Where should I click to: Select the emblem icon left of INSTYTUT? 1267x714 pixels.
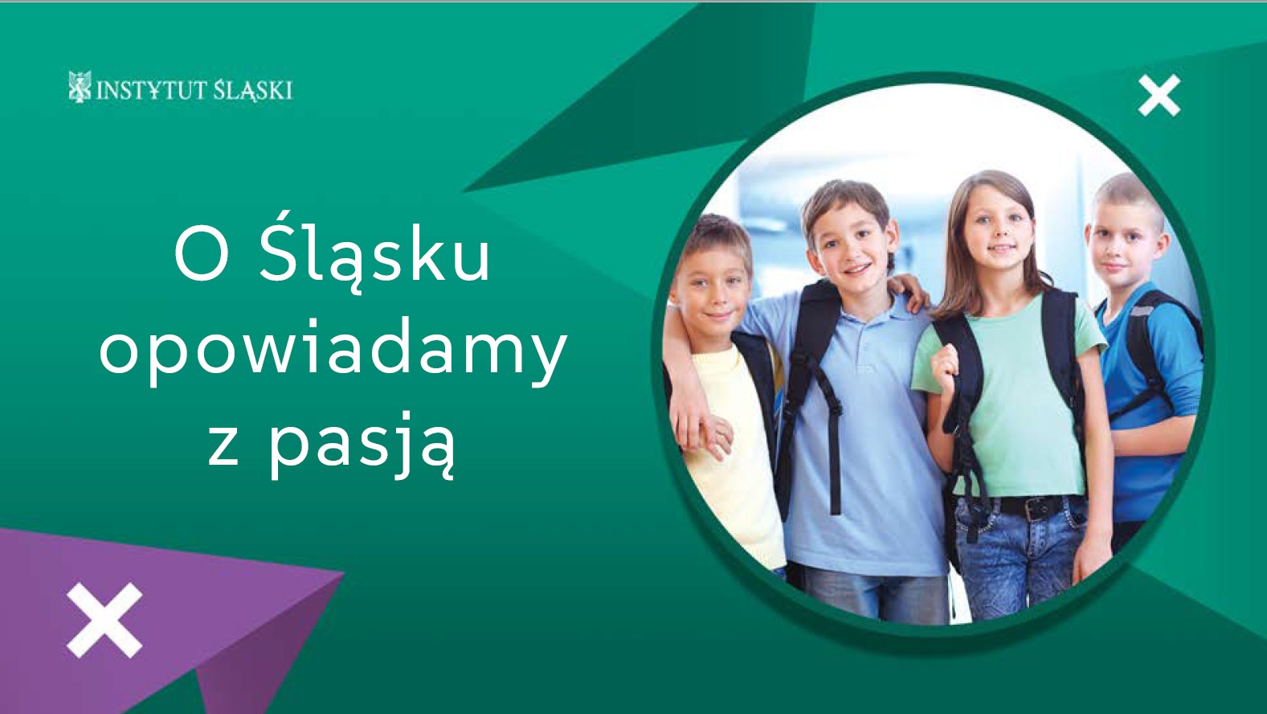coord(80,87)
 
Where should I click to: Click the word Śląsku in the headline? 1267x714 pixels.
coord(374,257)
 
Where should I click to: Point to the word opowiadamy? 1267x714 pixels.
coord(333,351)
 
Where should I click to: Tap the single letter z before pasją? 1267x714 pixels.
coord(223,447)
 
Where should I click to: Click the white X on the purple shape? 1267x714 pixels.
coord(104,620)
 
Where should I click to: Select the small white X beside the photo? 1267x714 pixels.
coord(1159,96)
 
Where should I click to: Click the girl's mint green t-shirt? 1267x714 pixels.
coord(1012,396)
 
